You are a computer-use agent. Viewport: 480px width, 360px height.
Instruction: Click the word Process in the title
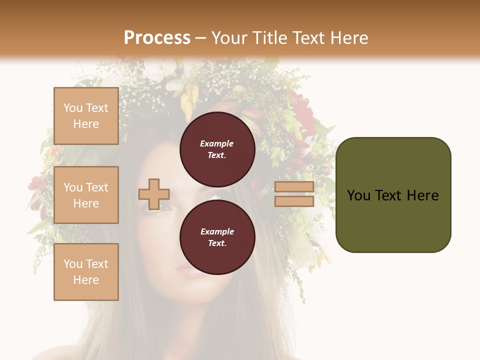click(x=157, y=38)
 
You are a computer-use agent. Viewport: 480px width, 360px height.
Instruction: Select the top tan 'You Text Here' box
click(x=86, y=116)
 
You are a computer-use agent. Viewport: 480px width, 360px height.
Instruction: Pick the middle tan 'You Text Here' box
click(x=86, y=195)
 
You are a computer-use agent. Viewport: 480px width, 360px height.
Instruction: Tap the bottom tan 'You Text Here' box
click(x=86, y=272)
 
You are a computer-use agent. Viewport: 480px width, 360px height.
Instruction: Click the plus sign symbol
click(x=154, y=194)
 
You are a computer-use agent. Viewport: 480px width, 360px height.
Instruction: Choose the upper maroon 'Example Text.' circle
click(x=217, y=149)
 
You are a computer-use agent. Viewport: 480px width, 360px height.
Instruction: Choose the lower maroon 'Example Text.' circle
click(x=217, y=237)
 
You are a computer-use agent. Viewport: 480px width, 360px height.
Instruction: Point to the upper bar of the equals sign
click(x=294, y=187)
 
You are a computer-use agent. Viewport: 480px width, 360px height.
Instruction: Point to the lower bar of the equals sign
click(x=294, y=201)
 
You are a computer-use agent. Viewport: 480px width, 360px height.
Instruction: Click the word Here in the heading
click(x=349, y=38)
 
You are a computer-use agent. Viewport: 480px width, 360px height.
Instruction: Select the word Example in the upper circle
click(x=217, y=144)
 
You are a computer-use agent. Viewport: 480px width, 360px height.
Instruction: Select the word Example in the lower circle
click(x=217, y=232)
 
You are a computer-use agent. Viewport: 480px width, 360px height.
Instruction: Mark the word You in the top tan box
click(x=72, y=108)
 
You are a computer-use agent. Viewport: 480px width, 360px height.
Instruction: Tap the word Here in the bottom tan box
click(x=86, y=280)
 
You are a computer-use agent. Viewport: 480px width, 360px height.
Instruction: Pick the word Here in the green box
click(x=423, y=195)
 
